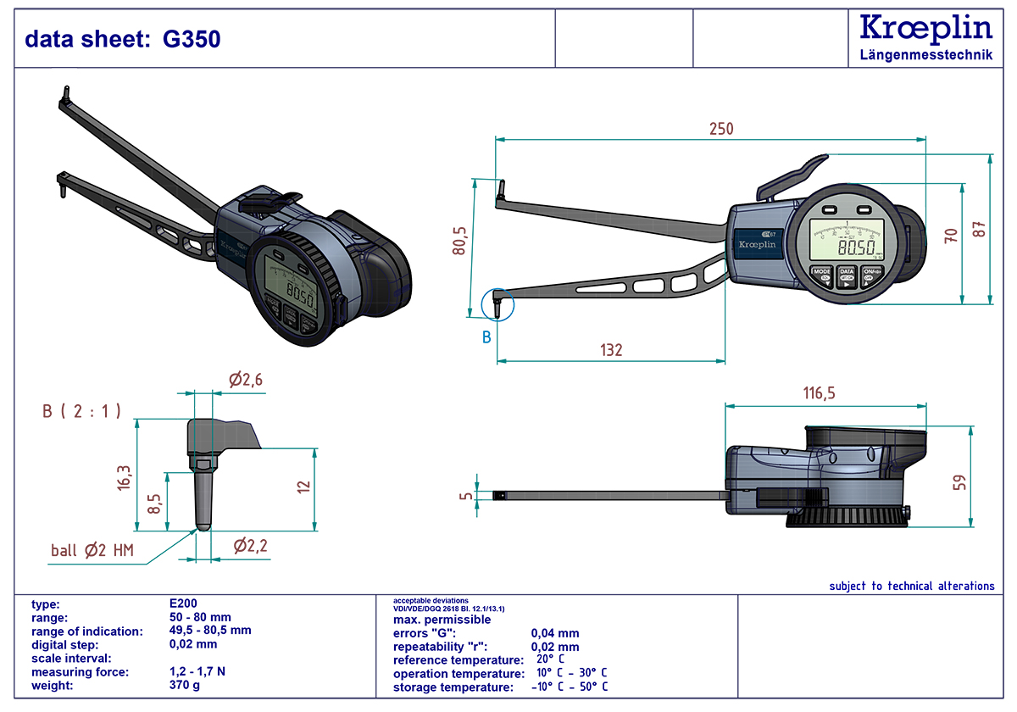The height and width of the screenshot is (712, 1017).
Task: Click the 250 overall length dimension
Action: click(720, 129)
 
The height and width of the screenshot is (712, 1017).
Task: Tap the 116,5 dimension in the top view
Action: click(819, 393)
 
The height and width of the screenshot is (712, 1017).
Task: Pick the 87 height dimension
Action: click(981, 229)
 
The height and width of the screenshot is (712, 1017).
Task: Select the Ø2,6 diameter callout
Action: click(246, 380)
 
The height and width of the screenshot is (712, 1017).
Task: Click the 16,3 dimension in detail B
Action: click(125, 477)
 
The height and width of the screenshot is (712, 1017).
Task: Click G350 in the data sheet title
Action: click(192, 39)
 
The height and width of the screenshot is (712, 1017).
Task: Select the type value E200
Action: click(184, 604)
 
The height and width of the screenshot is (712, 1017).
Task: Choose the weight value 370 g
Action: click(185, 685)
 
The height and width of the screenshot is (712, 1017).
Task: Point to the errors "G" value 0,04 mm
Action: click(555, 633)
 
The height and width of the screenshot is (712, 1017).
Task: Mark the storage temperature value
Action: click(570, 687)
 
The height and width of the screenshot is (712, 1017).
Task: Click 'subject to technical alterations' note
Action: click(911, 586)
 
